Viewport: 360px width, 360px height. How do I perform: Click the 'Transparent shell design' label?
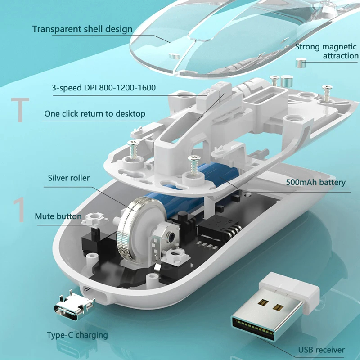82,29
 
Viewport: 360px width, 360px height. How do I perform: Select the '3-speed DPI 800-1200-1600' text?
103,87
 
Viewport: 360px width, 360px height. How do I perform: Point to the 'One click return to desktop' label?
94,114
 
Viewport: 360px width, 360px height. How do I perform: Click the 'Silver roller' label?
69,178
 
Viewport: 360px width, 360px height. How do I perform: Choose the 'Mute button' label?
58,216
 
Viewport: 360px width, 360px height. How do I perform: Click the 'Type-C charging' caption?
77,335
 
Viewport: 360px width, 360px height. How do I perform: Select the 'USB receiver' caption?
321,350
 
